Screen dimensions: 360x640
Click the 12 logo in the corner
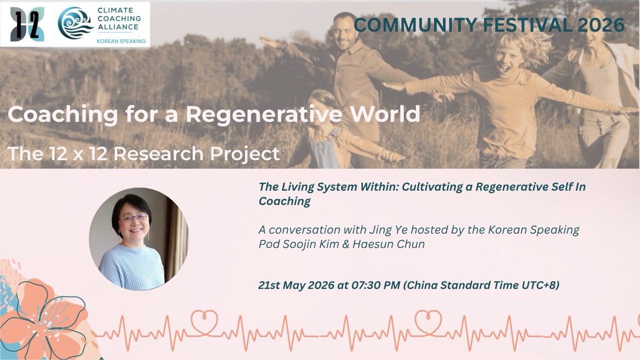[27, 24]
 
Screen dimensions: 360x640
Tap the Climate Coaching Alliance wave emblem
[75, 23]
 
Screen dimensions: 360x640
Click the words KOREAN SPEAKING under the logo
[121, 41]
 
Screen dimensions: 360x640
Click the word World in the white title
[386, 114]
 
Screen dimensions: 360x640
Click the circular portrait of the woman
[138, 238]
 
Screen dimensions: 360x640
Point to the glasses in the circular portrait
[133, 218]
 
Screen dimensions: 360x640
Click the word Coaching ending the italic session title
[284, 201]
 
